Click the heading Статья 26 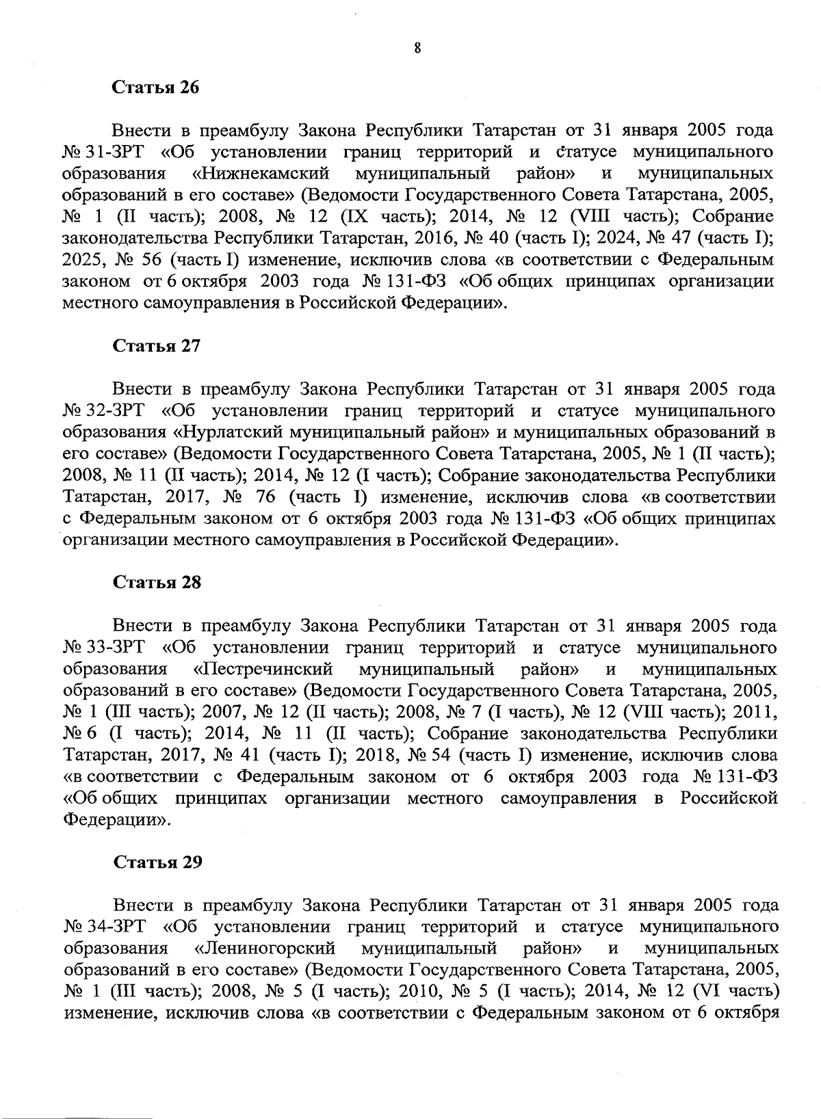(x=156, y=88)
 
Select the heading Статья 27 (x=157, y=345)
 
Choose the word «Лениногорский (x=265, y=948)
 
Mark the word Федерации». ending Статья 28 (x=115, y=820)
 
